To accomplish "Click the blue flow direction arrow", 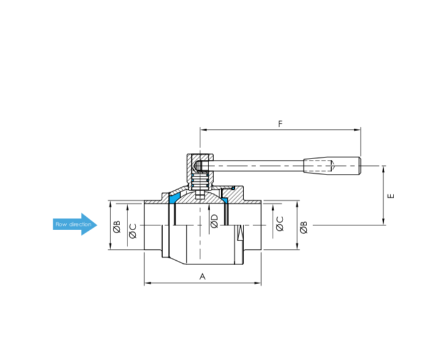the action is pyautogui.click(x=75, y=224).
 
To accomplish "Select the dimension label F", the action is pyautogui.click(x=280, y=124).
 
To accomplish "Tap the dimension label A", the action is pyautogui.click(x=203, y=277).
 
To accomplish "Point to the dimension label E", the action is pyautogui.click(x=391, y=196).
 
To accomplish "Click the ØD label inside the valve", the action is pyautogui.click(x=215, y=221).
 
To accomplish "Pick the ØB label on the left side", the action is pyautogui.click(x=117, y=227).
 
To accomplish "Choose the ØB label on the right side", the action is pyautogui.click(x=304, y=227).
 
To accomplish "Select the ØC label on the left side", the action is pyautogui.click(x=133, y=231).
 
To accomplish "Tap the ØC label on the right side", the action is pyautogui.click(x=280, y=223).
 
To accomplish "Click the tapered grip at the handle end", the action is pyautogui.click(x=332, y=165).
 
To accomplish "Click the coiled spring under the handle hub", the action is pyautogui.click(x=200, y=181).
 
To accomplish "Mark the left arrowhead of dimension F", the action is pyautogui.click(x=203, y=130).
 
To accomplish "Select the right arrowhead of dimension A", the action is pyautogui.click(x=258, y=283).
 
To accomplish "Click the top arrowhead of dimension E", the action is pyautogui.click(x=384, y=169).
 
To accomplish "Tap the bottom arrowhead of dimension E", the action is pyautogui.click(x=384, y=222).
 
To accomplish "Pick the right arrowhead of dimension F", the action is pyautogui.click(x=357, y=130).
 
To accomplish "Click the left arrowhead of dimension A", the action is pyautogui.click(x=148, y=283).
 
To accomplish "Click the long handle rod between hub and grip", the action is pyautogui.click(x=257, y=166).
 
